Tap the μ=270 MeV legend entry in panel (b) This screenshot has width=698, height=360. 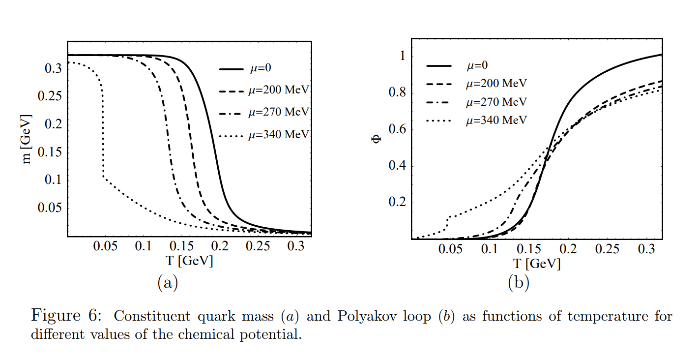[x=496, y=102]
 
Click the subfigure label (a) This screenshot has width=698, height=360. [x=167, y=283]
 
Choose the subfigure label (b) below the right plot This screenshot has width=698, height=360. [x=519, y=283]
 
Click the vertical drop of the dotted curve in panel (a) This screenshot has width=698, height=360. [x=103, y=133]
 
